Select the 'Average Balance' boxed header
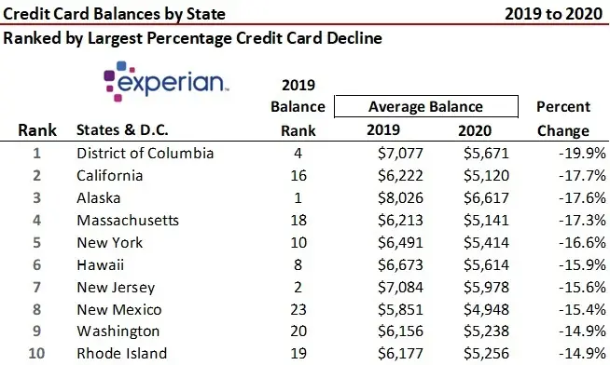[425, 106]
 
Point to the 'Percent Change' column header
[562, 118]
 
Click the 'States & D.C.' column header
[128, 131]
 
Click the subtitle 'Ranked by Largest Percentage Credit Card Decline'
[192, 39]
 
